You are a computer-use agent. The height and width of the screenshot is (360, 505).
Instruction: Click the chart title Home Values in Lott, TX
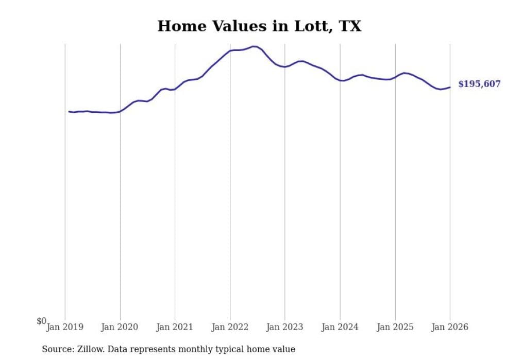pyautogui.click(x=259, y=26)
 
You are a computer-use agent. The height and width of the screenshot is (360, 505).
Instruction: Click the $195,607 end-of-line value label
pyautogui.click(x=479, y=84)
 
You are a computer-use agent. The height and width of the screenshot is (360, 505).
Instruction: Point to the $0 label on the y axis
pyautogui.click(x=41, y=321)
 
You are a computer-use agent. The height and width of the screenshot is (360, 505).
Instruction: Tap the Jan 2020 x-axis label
pyautogui.click(x=120, y=327)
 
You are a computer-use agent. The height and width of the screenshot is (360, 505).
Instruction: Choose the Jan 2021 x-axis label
pyautogui.click(x=175, y=327)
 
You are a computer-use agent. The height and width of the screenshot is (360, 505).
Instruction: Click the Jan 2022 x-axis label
pyautogui.click(x=230, y=327)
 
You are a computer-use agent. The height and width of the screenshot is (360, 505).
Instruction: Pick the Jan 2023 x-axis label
pyautogui.click(x=284, y=327)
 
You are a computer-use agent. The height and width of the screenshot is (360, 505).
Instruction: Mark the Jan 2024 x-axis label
pyautogui.click(x=340, y=327)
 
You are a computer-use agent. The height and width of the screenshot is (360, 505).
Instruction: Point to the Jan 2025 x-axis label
pyautogui.click(x=395, y=327)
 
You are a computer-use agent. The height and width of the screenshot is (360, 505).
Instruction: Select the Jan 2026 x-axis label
pyautogui.click(x=450, y=327)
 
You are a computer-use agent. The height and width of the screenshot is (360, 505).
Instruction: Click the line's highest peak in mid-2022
pyautogui.click(x=254, y=46)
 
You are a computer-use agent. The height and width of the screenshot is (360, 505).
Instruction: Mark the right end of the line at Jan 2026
pyautogui.click(x=450, y=87)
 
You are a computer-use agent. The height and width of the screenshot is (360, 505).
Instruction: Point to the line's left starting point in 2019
pyautogui.click(x=69, y=111)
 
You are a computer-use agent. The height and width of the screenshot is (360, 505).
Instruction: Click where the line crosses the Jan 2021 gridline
pyautogui.click(x=175, y=89)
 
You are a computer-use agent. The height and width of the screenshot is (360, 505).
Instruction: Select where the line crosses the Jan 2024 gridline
pyautogui.click(x=340, y=80)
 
